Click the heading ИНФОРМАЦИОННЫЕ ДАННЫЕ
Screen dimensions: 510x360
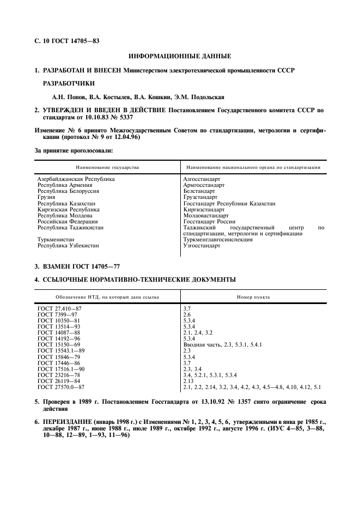180,56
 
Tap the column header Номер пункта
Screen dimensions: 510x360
253,297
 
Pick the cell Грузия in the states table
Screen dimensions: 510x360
46,197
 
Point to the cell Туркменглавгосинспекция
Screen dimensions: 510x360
218,240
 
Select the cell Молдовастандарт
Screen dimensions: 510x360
206,216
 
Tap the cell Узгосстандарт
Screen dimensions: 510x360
202,246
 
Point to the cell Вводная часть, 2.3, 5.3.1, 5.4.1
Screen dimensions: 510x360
223,345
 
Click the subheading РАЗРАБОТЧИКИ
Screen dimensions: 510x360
69,83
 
